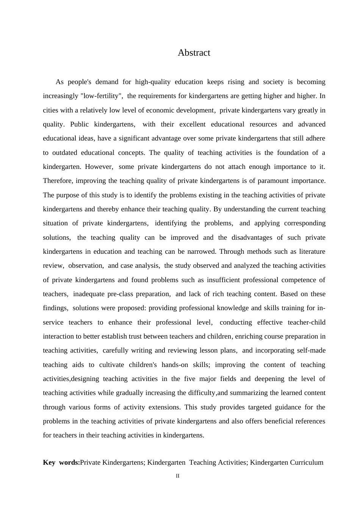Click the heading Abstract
point(194,53)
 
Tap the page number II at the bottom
point(177,476)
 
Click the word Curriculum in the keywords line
point(307,462)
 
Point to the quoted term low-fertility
point(101,96)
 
